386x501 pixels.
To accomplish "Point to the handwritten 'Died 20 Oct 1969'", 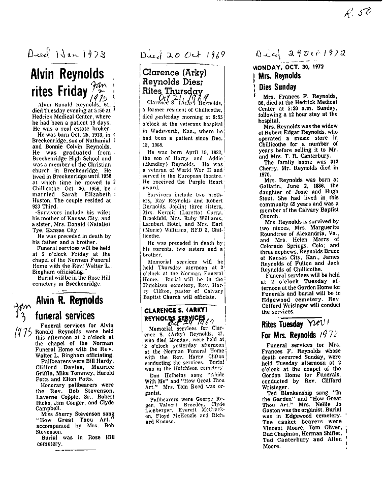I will [x=181, y=55].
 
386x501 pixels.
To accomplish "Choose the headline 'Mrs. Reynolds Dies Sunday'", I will [x=279, y=81].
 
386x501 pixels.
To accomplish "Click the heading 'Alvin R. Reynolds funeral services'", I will [x=69, y=307].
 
